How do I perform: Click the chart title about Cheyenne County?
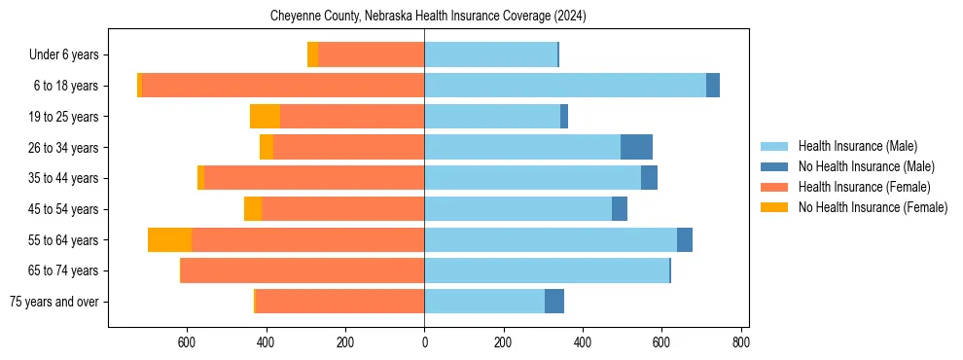point(428,16)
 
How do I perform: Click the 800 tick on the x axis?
point(740,342)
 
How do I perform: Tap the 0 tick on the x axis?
point(424,342)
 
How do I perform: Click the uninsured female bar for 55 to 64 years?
point(169,240)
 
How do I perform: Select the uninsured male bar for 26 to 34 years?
point(636,148)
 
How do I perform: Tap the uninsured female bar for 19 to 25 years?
point(265,117)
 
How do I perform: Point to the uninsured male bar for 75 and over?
point(554,302)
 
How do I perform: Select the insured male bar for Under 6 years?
point(490,55)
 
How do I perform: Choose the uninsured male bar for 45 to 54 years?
point(620,209)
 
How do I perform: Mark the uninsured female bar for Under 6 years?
point(312,55)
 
